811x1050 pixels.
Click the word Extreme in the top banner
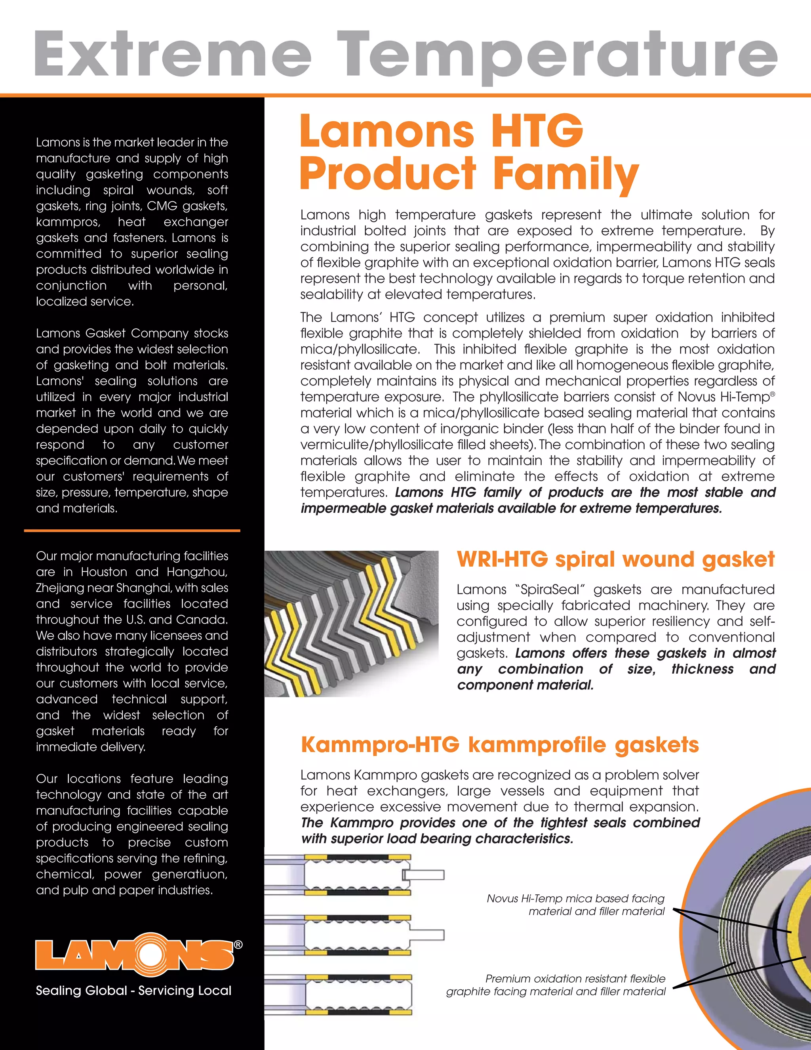(173, 54)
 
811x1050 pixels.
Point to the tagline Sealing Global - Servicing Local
(133, 991)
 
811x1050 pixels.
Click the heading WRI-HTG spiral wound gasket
(615, 559)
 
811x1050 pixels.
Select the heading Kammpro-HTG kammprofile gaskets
(500, 745)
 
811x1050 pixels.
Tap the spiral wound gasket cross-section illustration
(351, 624)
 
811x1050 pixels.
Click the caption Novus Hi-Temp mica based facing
(575, 899)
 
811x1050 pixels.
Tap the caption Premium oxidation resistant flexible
(575, 979)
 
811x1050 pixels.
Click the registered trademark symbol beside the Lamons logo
(238, 945)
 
